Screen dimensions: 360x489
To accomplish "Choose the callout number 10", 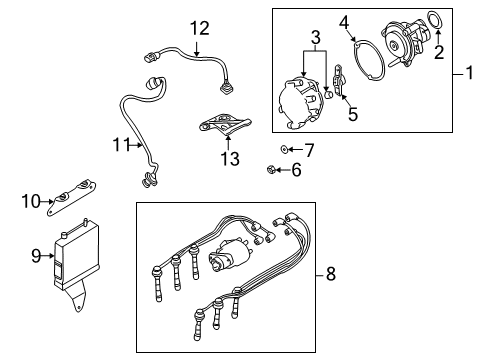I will click(31, 201).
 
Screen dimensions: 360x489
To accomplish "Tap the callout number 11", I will click(120, 144).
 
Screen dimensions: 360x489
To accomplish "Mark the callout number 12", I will click(200, 29).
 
